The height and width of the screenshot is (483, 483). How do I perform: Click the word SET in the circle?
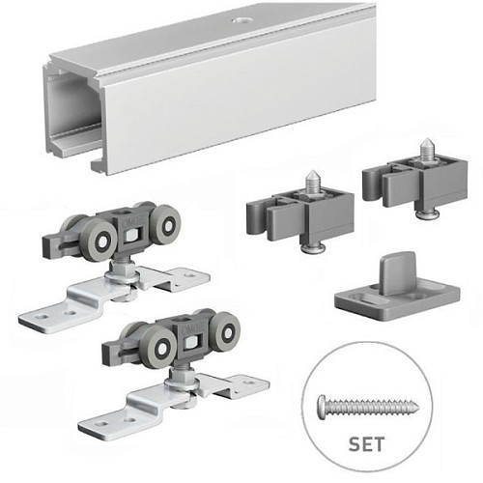tap(366, 444)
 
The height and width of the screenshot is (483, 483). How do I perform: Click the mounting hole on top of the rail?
tap(241, 21)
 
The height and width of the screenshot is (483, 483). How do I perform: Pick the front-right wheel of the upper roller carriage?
tap(167, 225)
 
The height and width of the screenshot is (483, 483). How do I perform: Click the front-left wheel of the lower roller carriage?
tap(161, 348)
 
